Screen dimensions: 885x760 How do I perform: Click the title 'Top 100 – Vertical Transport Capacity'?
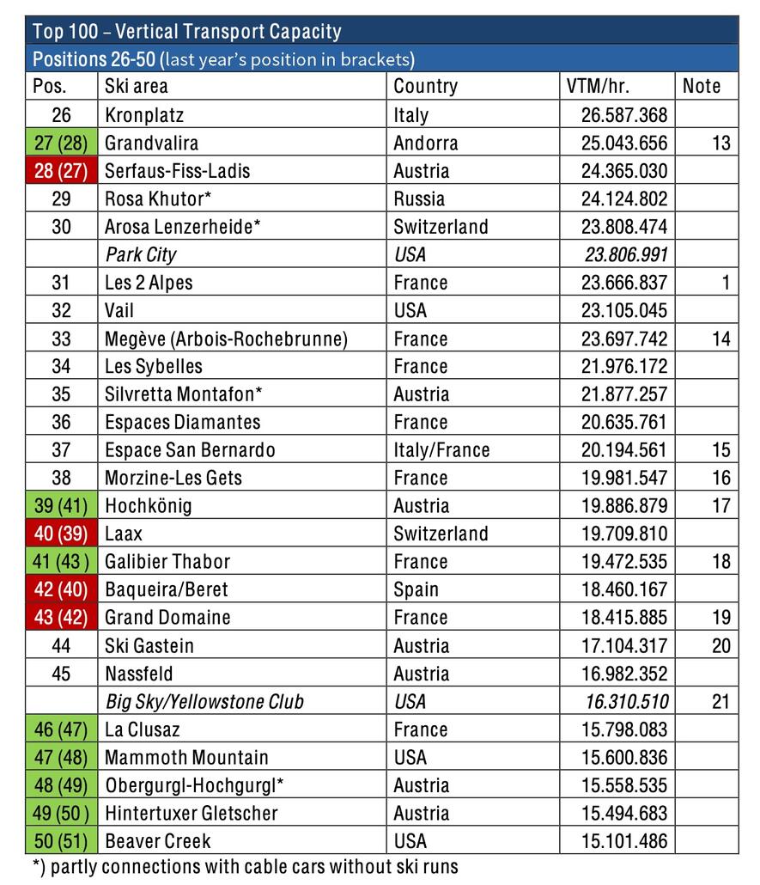pyautogui.click(x=186, y=32)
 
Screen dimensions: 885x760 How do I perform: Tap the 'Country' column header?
pyautogui.click(x=425, y=86)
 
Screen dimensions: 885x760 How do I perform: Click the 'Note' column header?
pyautogui.click(x=702, y=86)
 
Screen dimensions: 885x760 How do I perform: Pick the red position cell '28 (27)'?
pyautogui.click(x=61, y=171)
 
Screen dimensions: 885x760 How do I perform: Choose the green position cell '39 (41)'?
pyautogui.click(x=61, y=506)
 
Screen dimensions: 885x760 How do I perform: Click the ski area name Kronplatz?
pyautogui.click(x=144, y=115)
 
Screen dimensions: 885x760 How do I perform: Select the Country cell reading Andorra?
pyautogui.click(x=426, y=143)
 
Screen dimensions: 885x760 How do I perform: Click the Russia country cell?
pyautogui.click(x=419, y=198)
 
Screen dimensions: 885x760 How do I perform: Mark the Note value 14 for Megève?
pyautogui.click(x=720, y=339)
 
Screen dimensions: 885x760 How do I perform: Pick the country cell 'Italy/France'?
pyautogui.click(x=441, y=450)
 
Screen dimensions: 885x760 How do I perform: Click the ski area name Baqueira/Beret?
pyautogui.click(x=166, y=589)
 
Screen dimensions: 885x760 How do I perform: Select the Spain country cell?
pyautogui.click(x=416, y=589)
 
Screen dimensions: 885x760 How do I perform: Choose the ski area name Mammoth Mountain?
pyautogui.click(x=186, y=757)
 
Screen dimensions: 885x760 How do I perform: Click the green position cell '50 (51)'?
pyautogui.click(x=61, y=841)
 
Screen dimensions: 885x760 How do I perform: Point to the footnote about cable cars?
pyautogui.click(x=245, y=867)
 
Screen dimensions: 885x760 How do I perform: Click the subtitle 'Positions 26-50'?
pyautogui.click(x=94, y=59)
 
